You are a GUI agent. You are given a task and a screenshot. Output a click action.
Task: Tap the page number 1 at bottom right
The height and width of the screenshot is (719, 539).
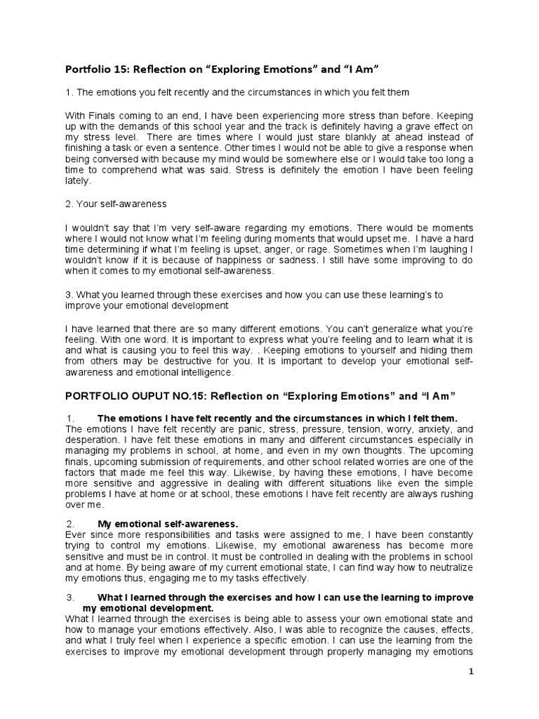(x=472, y=671)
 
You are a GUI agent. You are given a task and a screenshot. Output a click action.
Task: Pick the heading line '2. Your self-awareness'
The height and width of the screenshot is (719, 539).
(x=116, y=204)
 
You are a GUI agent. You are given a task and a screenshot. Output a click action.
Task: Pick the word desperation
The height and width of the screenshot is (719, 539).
(x=93, y=440)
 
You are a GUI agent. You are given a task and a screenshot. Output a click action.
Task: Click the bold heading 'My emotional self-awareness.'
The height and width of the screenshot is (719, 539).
(x=168, y=524)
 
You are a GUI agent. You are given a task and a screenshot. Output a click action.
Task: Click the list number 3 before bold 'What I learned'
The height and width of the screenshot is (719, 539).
(x=70, y=598)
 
